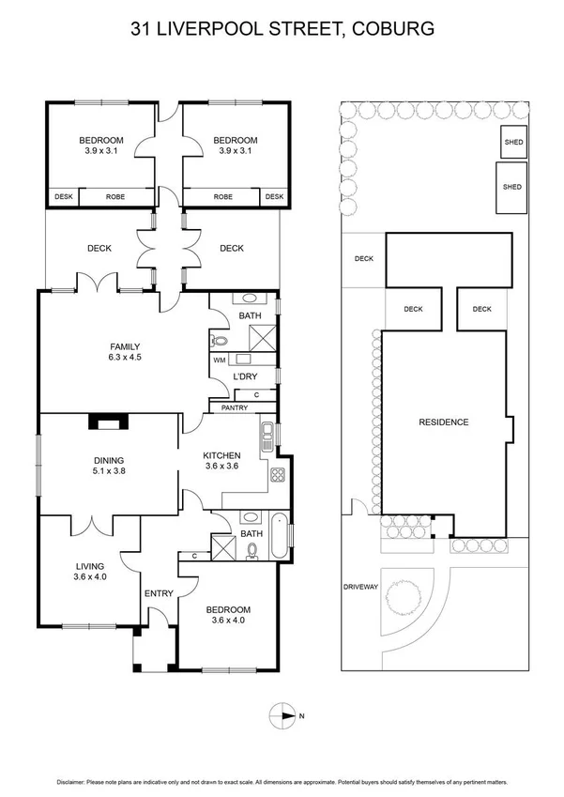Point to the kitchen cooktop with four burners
click(278, 475)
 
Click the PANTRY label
click(234, 408)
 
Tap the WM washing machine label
click(219, 360)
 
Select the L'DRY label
click(246, 377)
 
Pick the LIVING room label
click(90, 566)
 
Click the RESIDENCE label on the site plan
click(443, 422)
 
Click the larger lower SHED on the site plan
click(512, 187)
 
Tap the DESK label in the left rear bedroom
click(64, 196)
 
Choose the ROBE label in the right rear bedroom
click(223, 196)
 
